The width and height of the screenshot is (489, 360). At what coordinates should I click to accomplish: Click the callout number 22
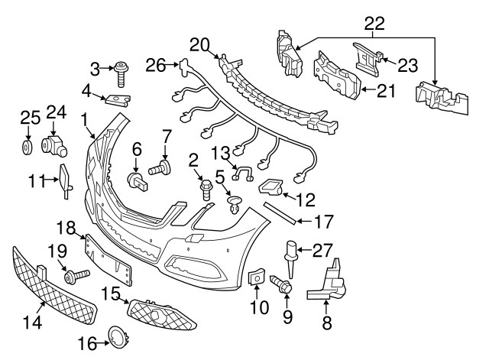pos(374,25)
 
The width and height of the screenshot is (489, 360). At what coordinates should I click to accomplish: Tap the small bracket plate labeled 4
pos(116,101)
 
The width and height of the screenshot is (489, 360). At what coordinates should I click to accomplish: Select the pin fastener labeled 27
pos(291,253)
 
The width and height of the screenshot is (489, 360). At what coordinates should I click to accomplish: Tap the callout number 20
pos(200,44)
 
